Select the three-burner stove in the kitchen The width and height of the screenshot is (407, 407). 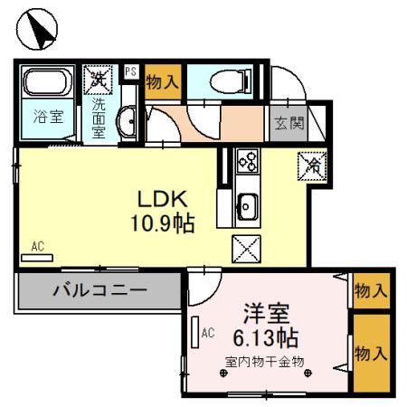point(246,163)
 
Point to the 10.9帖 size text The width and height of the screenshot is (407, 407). point(166,222)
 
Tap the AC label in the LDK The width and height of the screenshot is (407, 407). point(37,245)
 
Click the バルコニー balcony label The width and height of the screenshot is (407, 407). point(99,291)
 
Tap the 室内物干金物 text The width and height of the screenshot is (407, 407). point(264,362)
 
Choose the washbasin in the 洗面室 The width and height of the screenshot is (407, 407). point(129,119)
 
